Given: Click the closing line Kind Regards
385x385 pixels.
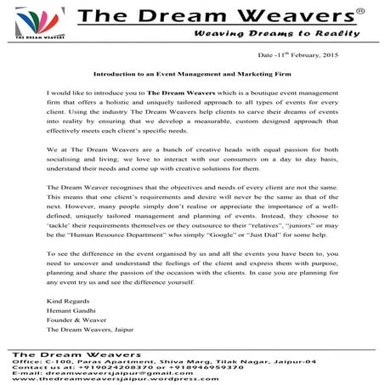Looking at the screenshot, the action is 63,300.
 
